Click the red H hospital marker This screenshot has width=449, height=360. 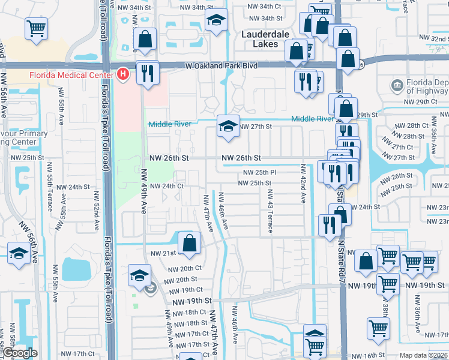[123, 74]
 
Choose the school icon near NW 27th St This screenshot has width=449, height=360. [228, 126]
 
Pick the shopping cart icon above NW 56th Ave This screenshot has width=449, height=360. [37, 28]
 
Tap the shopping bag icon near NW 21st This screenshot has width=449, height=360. [189, 242]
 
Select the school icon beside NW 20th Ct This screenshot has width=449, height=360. [140, 275]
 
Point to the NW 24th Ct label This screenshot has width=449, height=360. [166, 187]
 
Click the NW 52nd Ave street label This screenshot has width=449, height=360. [95, 211]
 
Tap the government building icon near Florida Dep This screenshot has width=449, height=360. [396, 85]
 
